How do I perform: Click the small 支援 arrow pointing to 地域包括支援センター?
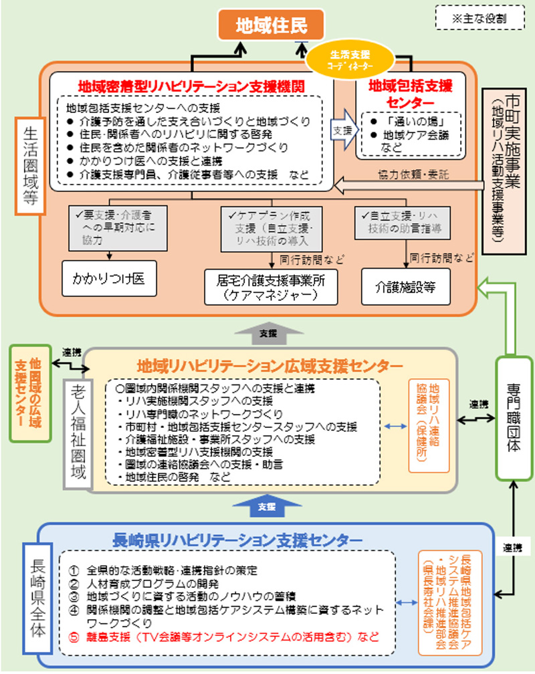click(342, 131)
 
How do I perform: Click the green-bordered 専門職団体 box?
click(514, 417)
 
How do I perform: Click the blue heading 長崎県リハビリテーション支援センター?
click(238, 539)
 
